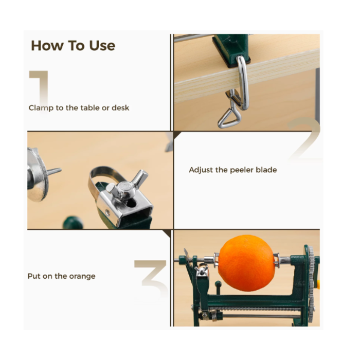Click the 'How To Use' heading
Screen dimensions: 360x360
point(73,45)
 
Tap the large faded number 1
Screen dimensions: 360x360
point(40,87)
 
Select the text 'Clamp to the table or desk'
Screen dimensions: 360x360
point(79,108)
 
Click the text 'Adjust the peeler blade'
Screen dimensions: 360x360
point(232,170)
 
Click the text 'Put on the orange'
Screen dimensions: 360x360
point(61,276)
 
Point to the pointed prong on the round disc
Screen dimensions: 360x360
point(54,171)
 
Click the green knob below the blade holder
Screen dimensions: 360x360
point(73,222)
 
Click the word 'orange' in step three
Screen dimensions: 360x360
point(83,276)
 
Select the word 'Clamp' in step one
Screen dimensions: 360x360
point(39,108)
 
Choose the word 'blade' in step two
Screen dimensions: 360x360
point(266,170)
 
